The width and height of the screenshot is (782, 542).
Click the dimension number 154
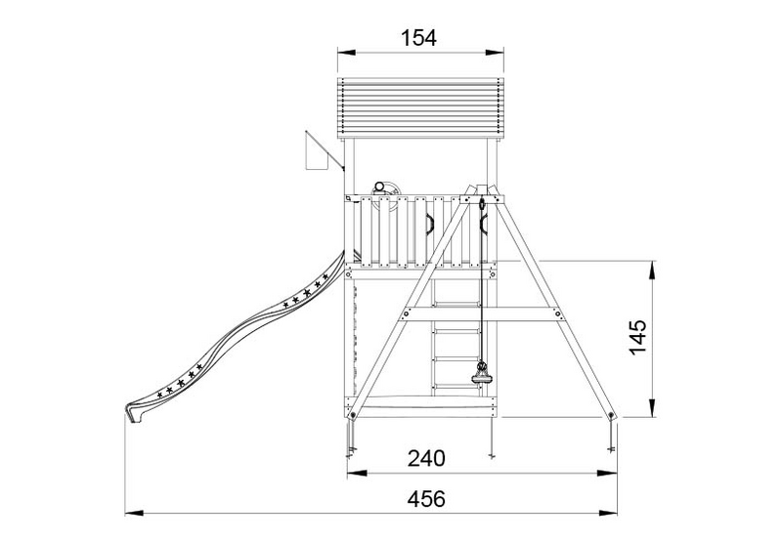pos(419,38)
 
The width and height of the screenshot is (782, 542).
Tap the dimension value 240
pos(427,457)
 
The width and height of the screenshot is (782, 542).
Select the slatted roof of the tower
pos(419,107)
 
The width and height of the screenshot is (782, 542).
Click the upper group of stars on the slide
pos(306,291)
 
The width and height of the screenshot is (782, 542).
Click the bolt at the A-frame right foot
pos(612,416)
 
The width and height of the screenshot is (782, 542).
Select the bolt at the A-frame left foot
pos(350,416)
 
